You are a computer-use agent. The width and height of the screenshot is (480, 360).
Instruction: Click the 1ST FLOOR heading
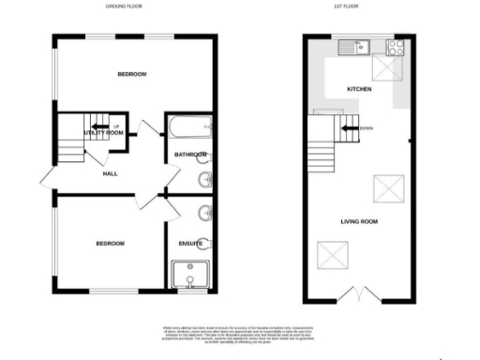[359, 6]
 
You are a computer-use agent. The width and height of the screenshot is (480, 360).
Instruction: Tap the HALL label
[110, 174]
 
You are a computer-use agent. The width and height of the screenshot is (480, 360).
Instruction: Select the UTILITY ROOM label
[103, 133]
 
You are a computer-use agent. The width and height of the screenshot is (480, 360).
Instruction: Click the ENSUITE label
[190, 244]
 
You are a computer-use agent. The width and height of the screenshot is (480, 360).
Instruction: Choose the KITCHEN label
[359, 89]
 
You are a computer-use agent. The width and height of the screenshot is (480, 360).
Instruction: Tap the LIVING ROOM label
[359, 221]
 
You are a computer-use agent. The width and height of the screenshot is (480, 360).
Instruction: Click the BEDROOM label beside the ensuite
[110, 244]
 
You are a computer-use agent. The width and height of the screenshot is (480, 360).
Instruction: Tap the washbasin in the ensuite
[205, 213]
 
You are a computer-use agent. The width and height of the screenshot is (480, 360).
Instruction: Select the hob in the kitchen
[395, 44]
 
